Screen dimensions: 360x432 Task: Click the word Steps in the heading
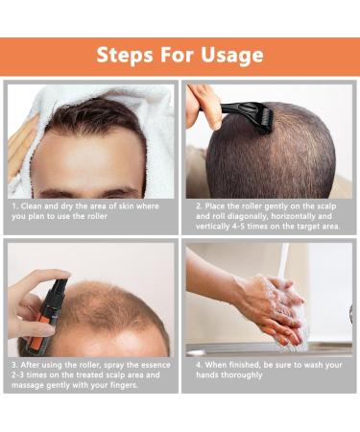click(125, 55)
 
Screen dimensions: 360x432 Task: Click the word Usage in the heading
click(232, 56)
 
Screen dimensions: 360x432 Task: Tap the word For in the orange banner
click(177, 55)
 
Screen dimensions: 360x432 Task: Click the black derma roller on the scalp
click(247, 116)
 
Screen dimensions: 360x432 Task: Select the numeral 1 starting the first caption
click(14, 206)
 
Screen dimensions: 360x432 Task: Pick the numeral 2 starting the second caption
click(199, 206)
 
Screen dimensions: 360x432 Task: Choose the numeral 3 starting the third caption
click(14, 365)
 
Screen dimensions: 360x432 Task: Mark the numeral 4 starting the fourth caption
click(199, 365)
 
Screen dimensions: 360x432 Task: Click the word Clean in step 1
click(31, 206)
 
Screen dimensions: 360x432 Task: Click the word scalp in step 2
click(324, 206)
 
